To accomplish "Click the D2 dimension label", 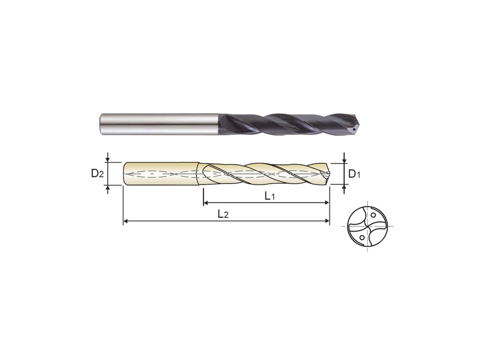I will tap(97, 174).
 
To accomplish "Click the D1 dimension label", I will tap(354, 174).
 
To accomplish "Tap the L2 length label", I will tap(223, 214).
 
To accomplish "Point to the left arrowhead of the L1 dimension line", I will tap(206, 204).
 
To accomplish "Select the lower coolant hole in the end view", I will tap(362, 238).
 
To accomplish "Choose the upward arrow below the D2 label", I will tap(108, 190).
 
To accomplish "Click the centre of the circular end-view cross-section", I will tap(368, 226).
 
